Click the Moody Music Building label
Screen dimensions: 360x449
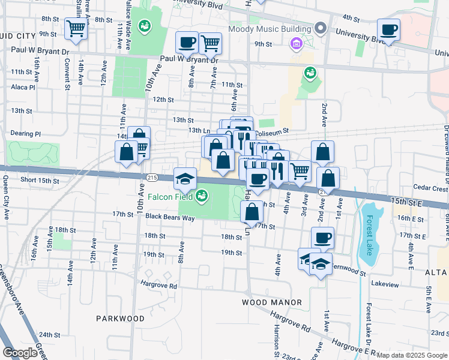270,29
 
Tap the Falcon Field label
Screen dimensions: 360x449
175,197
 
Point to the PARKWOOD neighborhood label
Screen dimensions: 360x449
121,318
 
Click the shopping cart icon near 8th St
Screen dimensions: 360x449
76,28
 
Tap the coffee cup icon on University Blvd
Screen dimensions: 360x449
389,29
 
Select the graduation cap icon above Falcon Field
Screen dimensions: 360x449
185,178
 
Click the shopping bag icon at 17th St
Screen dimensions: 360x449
252,211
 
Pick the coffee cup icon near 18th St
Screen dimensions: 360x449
322,237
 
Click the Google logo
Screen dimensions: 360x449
20,353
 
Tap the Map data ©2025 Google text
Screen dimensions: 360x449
412,355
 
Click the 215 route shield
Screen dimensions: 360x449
151,178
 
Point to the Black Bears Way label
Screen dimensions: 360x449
170,217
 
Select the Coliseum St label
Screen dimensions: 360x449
273,130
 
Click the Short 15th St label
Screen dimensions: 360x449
40,180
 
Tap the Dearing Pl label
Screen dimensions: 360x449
26,134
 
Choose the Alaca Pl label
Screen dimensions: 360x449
23,87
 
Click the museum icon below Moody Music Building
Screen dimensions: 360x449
295,43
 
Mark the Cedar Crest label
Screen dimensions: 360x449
431,188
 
